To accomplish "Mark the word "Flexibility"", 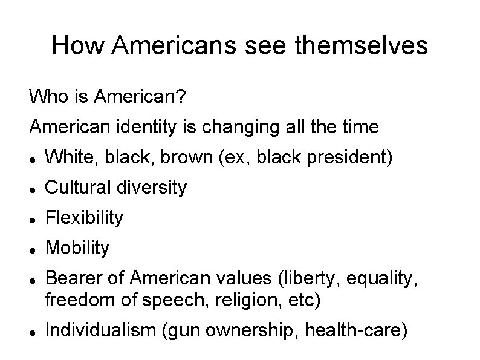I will [84, 218].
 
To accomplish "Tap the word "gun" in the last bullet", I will [178, 331].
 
